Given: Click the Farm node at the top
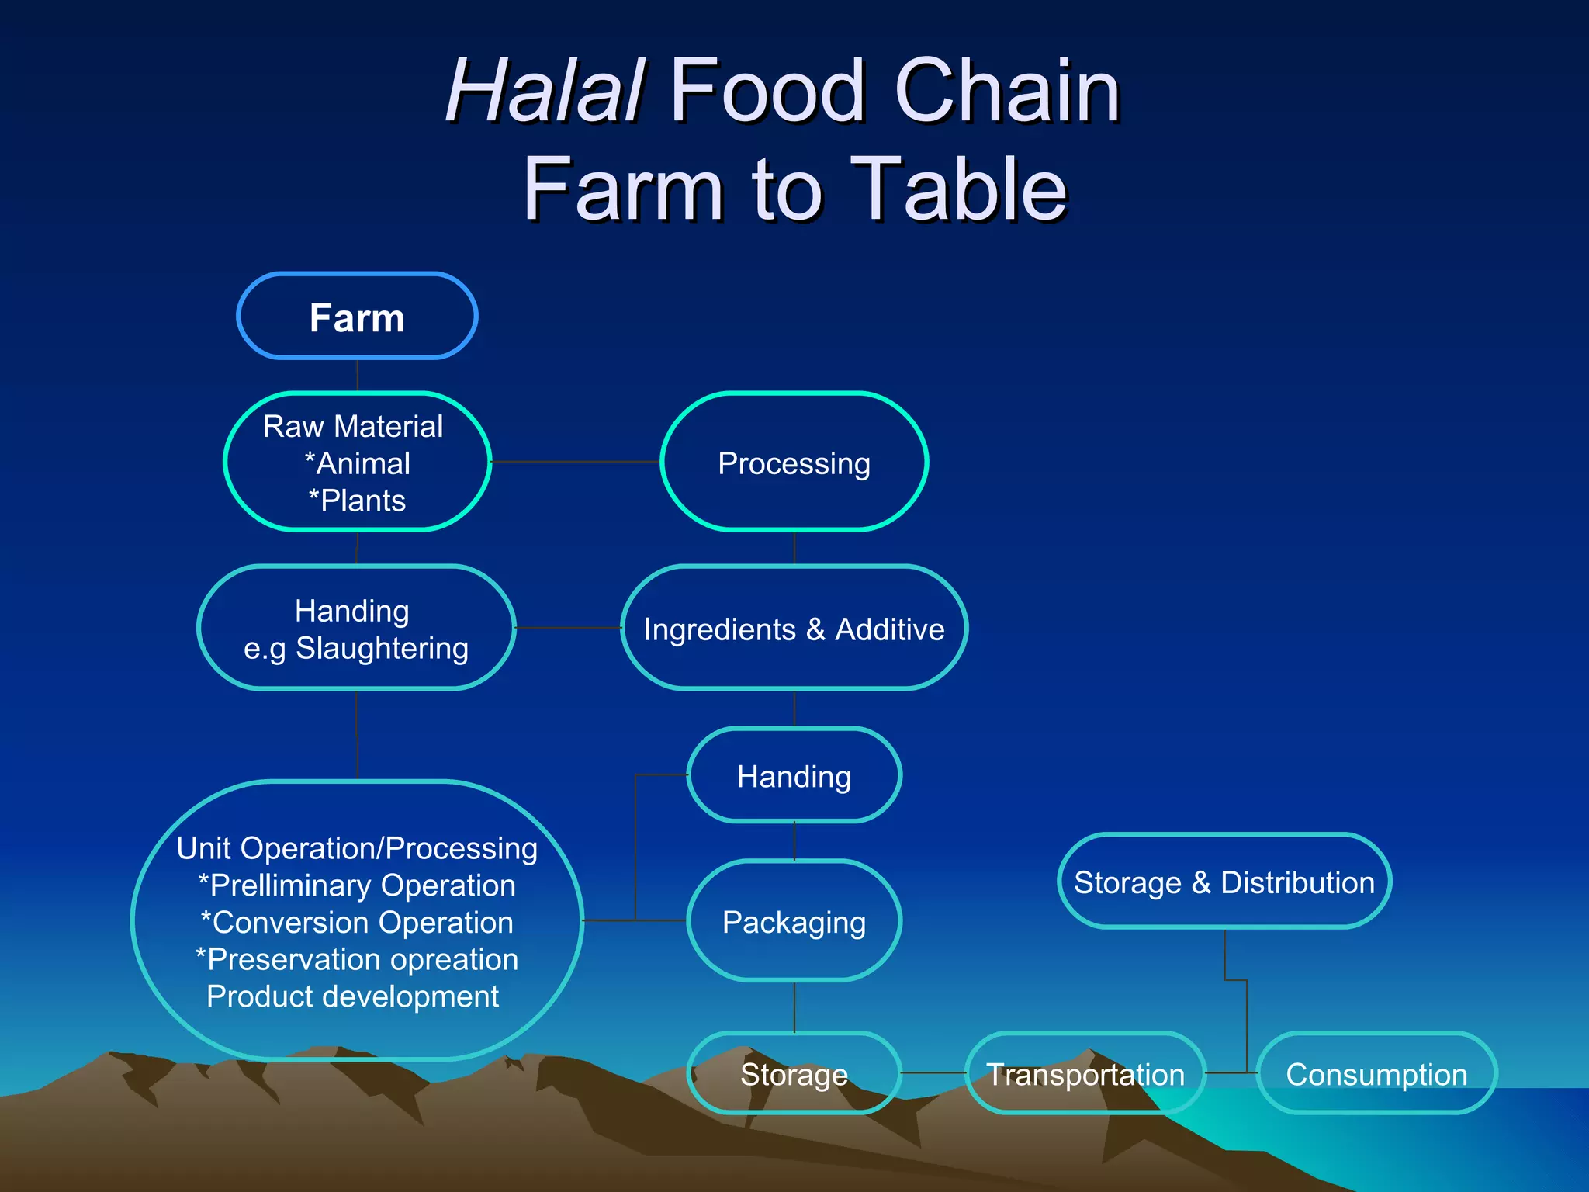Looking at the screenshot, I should [357, 317].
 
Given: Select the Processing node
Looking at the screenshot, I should [794, 463].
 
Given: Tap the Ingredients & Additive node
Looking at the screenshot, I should [794, 629].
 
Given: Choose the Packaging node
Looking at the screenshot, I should [794, 921].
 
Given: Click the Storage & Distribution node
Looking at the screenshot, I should [1224, 882].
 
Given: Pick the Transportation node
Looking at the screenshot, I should [1085, 1074].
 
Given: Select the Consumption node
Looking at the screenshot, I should [1376, 1074].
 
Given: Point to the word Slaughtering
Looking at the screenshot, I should [382, 648].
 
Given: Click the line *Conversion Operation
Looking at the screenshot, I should [357, 923].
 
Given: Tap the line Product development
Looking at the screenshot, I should [353, 996].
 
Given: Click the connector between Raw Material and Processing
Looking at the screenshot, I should [575, 462].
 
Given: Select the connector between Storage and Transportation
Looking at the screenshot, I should [933, 1073].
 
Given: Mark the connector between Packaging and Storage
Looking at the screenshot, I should [794, 1007].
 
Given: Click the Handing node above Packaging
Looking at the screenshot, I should [794, 776].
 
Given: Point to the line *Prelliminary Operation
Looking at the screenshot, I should [357, 885].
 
